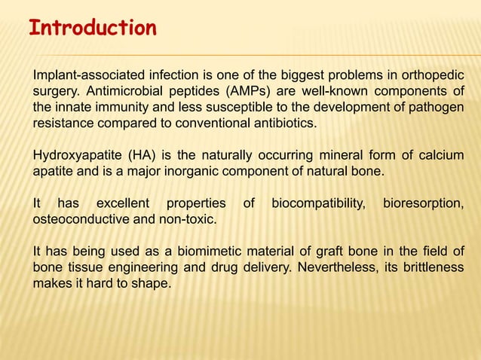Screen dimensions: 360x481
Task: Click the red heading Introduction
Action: (x=92, y=29)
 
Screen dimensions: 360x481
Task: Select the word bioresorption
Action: (x=423, y=203)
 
